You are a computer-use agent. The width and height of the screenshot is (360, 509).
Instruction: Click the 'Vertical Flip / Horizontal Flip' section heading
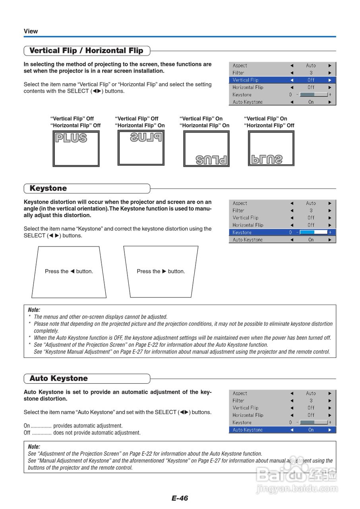click(x=86, y=51)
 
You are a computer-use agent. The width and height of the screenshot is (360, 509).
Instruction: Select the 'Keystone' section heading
click(x=48, y=188)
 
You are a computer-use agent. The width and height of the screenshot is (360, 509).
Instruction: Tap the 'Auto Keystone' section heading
click(x=59, y=378)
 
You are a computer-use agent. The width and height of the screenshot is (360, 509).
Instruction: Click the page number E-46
click(x=180, y=498)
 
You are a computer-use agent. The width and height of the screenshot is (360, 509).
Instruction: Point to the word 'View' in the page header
click(x=31, y=31)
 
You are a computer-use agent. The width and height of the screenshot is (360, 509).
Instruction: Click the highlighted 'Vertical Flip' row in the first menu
click(x=282, y=80)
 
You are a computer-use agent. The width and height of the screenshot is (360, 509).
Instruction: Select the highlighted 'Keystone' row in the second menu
click(x=282, y=232)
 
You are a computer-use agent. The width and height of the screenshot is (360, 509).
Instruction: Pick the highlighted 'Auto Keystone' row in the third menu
click(x=282, y=430)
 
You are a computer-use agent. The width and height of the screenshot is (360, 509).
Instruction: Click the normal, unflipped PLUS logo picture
click(x=76, y=148)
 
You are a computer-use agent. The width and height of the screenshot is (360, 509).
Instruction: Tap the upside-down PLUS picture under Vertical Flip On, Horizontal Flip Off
click(x=271, y=148)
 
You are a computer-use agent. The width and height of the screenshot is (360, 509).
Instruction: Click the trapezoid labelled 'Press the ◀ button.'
click(x=69, y=272)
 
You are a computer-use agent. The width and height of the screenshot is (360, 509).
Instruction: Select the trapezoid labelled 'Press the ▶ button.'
click(x=161, y=272)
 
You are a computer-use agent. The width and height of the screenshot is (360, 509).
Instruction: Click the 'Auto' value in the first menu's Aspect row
click(x=311, y=66)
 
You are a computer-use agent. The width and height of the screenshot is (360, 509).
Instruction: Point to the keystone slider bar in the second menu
click(x=313, y=232)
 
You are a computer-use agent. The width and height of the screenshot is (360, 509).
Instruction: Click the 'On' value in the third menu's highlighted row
click(x=311, y=430)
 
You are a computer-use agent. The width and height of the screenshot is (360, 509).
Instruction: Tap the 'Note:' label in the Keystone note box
click(x=34, y=310)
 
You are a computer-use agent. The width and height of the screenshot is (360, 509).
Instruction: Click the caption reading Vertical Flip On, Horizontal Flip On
click(x=204, y=122)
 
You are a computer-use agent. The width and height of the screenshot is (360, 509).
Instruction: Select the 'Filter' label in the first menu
click(x=238, y=73)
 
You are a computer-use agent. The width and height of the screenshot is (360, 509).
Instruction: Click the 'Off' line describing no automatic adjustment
click(x=82, y=433)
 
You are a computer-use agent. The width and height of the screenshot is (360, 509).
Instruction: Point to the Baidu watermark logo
click(x=296, y=473)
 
